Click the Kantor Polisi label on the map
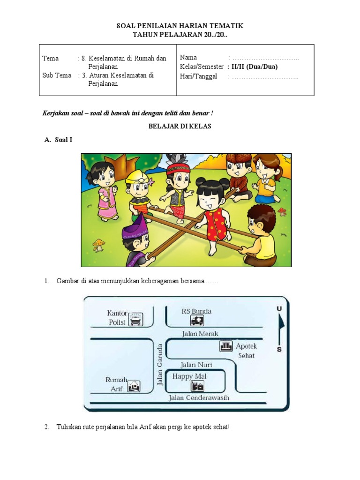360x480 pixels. (x=117, y=317)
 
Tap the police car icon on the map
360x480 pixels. (x=135, y=319)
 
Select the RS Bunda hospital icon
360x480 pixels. (x=197, y=320)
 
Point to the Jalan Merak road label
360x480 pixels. (x=200, y=333)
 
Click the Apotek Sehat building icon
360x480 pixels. (x=226, y=346)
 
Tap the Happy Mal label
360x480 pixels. (x=189, y=376)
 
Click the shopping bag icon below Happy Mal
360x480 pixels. (x=197, y=387)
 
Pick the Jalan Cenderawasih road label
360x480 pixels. (x=199, y=398)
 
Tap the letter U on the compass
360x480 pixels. (x=279, y=308)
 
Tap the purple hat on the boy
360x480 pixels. (x=135, y=229)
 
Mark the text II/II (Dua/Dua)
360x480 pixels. (x=255, y=67)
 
